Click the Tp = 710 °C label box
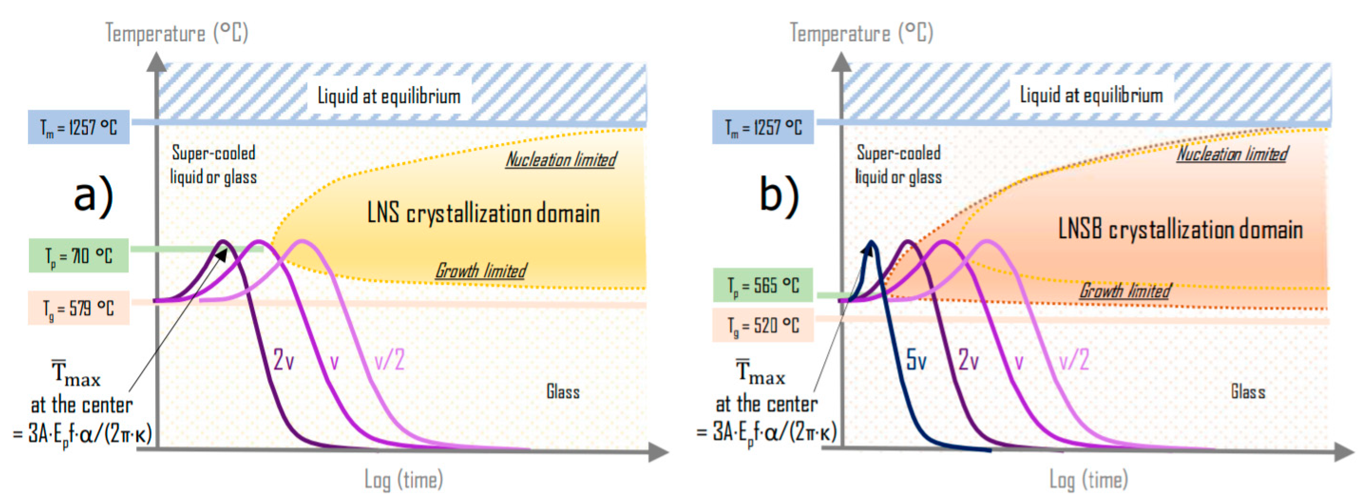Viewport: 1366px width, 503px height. (x=79, y=256)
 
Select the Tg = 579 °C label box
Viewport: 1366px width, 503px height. (x=79, y=308)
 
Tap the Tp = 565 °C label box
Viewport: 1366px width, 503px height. (x=763, y=286)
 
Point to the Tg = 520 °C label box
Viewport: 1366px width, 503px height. (x=763, y=325)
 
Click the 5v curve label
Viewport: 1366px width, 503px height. (x=916, y=360)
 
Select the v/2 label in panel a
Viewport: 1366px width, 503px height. (x=389, y=361)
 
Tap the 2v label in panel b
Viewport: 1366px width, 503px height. (x=968, y=361)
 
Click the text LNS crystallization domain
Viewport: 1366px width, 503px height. (x=483, y=213)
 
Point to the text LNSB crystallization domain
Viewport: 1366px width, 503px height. (x=1181, y=229)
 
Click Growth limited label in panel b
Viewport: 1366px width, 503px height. (x=1125, y=290)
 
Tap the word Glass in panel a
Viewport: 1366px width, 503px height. (x=563, y=392)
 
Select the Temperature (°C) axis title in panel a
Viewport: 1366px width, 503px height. (x=177, y=33)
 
